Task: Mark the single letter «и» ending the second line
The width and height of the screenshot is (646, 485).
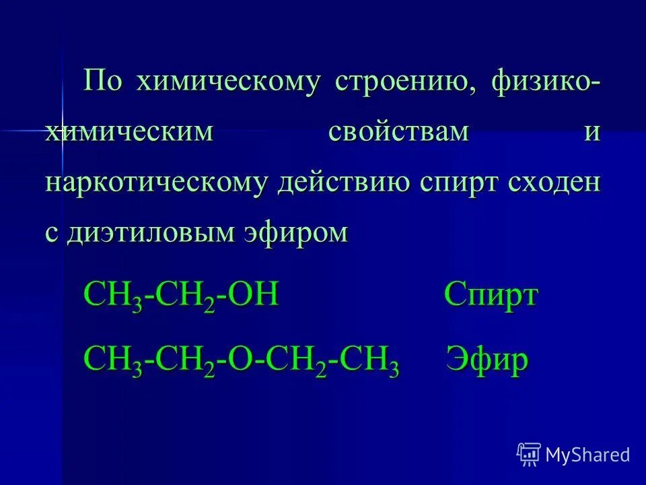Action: click(591, 133)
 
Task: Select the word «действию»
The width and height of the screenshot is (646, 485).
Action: click(343, 183)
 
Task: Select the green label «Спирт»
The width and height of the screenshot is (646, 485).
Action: click(491, 296)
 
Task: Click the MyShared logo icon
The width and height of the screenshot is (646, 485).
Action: click(529, 455)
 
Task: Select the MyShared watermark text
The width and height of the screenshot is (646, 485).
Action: click(587, 455)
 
